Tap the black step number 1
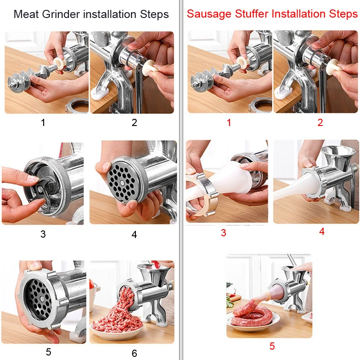(43, 122)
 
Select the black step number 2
(134, 122)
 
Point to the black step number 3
(43, 234)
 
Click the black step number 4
(134, 234)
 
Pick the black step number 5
(48, 352)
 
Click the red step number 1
(229, 122)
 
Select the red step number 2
(320, 122)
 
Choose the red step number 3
(223, 233)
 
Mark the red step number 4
(321, 232)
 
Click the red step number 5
(272, 346)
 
